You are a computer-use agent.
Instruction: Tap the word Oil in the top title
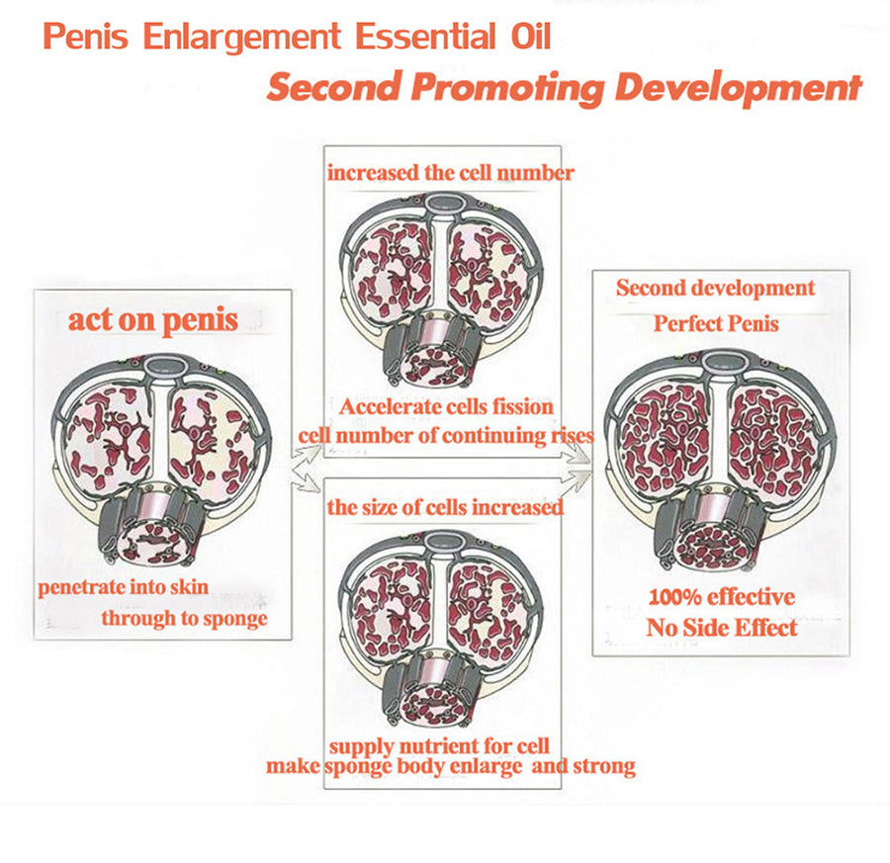click(531, 37)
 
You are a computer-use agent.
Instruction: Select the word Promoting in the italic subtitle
click(507, 88)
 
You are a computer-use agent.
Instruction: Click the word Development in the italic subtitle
click(738, 88)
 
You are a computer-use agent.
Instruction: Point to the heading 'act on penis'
click(152, 320)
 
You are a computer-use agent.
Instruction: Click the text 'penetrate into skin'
click(124, 586)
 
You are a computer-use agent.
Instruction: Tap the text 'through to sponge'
click(185, 619)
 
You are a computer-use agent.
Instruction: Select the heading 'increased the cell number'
click(451, 172)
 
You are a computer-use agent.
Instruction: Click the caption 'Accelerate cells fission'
click(446, 406)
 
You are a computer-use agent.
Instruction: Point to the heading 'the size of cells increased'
click(446, 507)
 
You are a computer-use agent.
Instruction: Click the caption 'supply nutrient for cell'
click(439, 746)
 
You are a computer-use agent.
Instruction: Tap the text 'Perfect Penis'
click(716, 324)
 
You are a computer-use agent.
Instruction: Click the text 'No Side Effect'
click(722, 628)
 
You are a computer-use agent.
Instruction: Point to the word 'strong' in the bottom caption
click(604, 766)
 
